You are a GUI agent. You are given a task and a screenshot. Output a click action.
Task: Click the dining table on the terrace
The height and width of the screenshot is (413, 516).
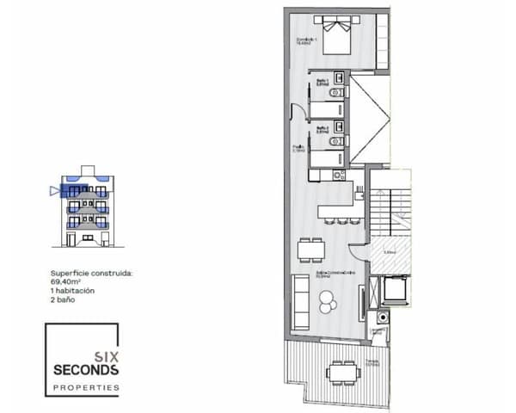point(342,373)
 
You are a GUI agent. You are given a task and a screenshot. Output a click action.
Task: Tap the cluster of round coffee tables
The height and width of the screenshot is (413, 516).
point(329,300)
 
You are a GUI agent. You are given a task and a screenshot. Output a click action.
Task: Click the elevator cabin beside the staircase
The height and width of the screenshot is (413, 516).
point(396,290)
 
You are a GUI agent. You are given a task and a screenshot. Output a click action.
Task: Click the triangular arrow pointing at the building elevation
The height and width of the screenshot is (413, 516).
point(54,191)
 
